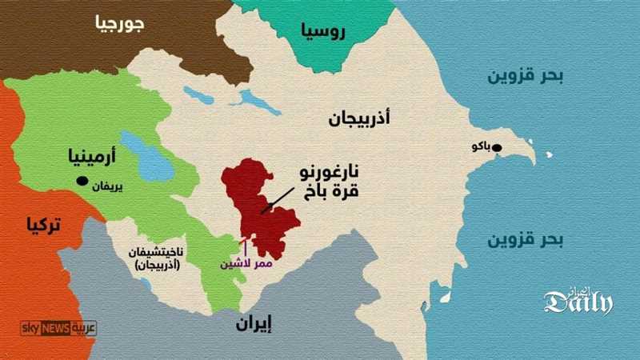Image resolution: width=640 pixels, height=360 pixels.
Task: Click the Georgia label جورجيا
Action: pyautogui.click(x=119, y=24)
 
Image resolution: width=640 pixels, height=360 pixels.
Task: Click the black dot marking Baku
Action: pyautogui.click(x=497, y=147)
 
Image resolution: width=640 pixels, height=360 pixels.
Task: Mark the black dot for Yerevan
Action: pyautogui.click(x=82, y=182)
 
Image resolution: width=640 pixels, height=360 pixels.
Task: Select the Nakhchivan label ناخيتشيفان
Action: pyautogui.click(x=160, y=252)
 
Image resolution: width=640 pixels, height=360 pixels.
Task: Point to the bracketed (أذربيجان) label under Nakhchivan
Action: pyautogui.click(x=160, y=265)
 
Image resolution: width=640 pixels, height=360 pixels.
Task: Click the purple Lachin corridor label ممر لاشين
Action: pyautogui.click(x=250, y=263)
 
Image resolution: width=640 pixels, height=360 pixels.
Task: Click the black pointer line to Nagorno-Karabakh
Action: pyautogui.click(x=277, y=200)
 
